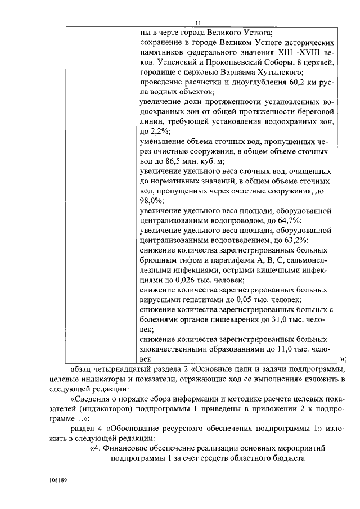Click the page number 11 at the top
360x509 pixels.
(x=197, y=23)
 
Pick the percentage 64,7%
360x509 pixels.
(x=267, y=219)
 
